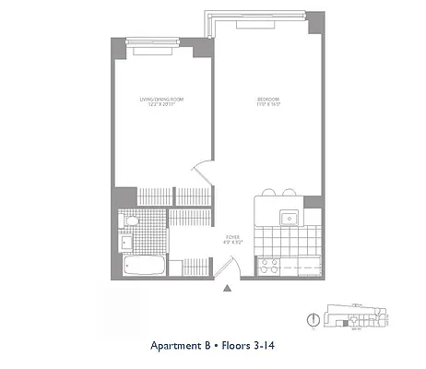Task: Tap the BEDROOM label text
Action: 268,99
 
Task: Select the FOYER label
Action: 232,237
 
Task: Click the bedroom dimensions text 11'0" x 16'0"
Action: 268,106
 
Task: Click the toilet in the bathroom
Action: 131,221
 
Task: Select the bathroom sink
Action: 125,244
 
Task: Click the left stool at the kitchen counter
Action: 269,193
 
